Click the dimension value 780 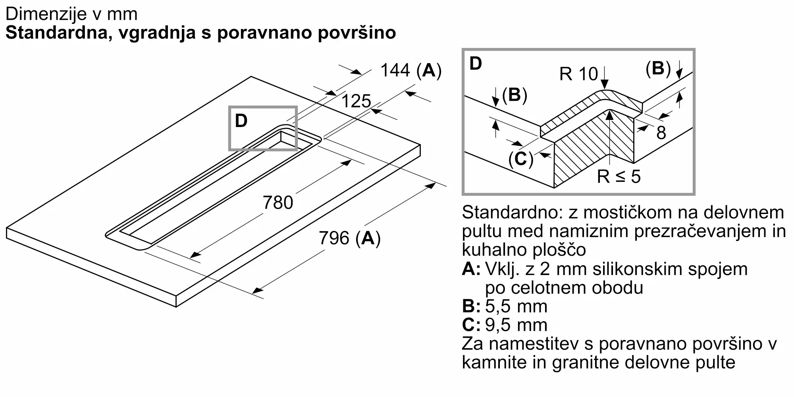pyautogui.click(x=278, y=203)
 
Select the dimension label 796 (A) pyautogui.click(x=350, y=239)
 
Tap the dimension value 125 pyautogui.click(x=356, y=101)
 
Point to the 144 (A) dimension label pyautogui.click(x=410, y=71)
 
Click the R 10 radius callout pyautogui.click(x=578, y=74)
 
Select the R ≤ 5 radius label pyautogui.click(x=619, y=176)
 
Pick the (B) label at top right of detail pyautogui.click(x=658, y=69)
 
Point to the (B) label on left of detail pyautogui.click(x=515, y=95)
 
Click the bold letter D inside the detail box pyautogui.click(x=476, y=64)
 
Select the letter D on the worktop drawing pyautogui.click(x=241, y=121)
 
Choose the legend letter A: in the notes pyautogui.click(x=471, y=269)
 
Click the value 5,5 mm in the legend pyautogui.click(x=516, y=306)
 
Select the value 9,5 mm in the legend pyautogui.click(x=516, y=325)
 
